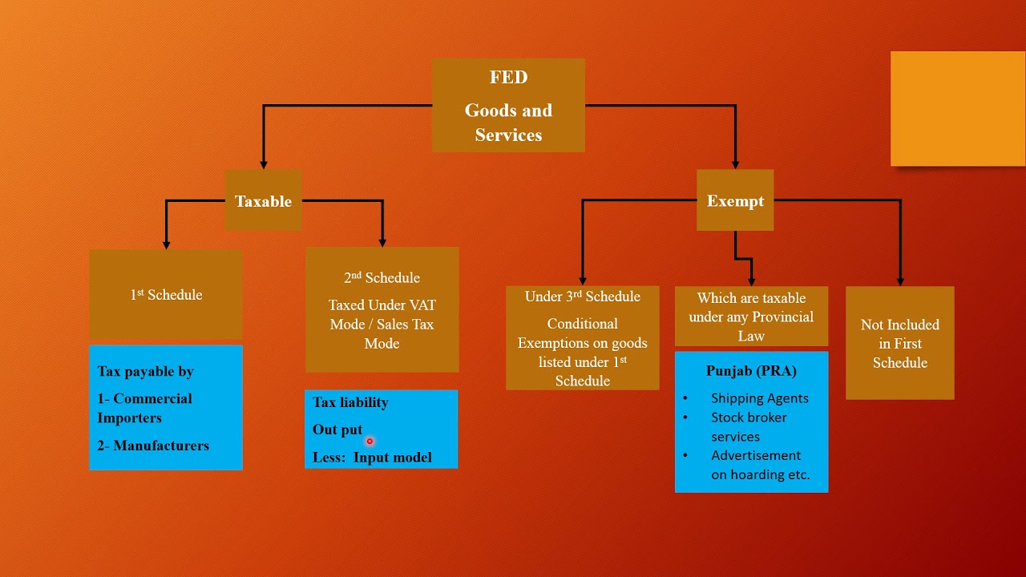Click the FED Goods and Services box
pos(508,105)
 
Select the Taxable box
pos(263,201)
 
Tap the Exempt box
pos(735,201)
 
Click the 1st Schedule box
pos(166,294)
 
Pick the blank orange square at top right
pos(958,109)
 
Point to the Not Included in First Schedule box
pos(899,343)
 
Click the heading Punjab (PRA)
pos(751,370)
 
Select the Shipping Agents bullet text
pos(759,398)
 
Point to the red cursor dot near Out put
pos(370,441)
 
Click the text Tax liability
pos(350,402)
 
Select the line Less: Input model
pos(372,458)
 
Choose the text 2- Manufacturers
pos(153,446)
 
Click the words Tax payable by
pos(145,371)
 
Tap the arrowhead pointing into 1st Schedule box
pos(166,244)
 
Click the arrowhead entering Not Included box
pos(900,280)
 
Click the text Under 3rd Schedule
pos(582,297)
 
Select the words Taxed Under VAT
pos(382,305)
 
